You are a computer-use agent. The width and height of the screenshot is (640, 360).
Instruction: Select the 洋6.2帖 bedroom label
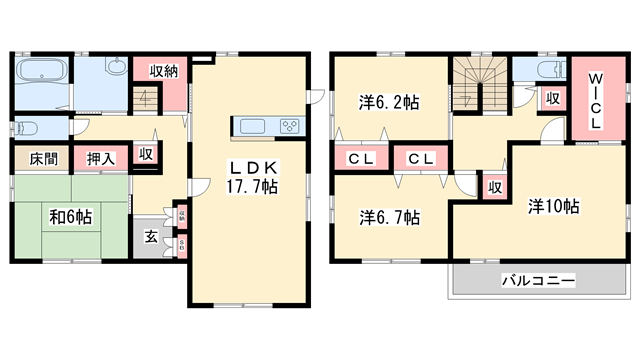click(388, 101)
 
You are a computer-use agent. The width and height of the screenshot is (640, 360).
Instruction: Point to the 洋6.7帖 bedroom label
click(389, 216)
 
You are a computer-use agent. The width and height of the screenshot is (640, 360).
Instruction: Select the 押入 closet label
click(98, 159)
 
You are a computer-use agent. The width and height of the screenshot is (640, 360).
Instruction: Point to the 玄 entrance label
click(149, 237)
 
